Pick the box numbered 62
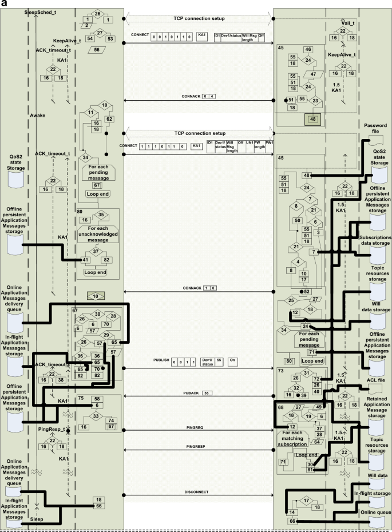click(109, 119)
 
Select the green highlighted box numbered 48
click(312, 120)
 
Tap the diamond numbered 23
click(315, 100)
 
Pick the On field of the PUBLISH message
click(232, 360)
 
